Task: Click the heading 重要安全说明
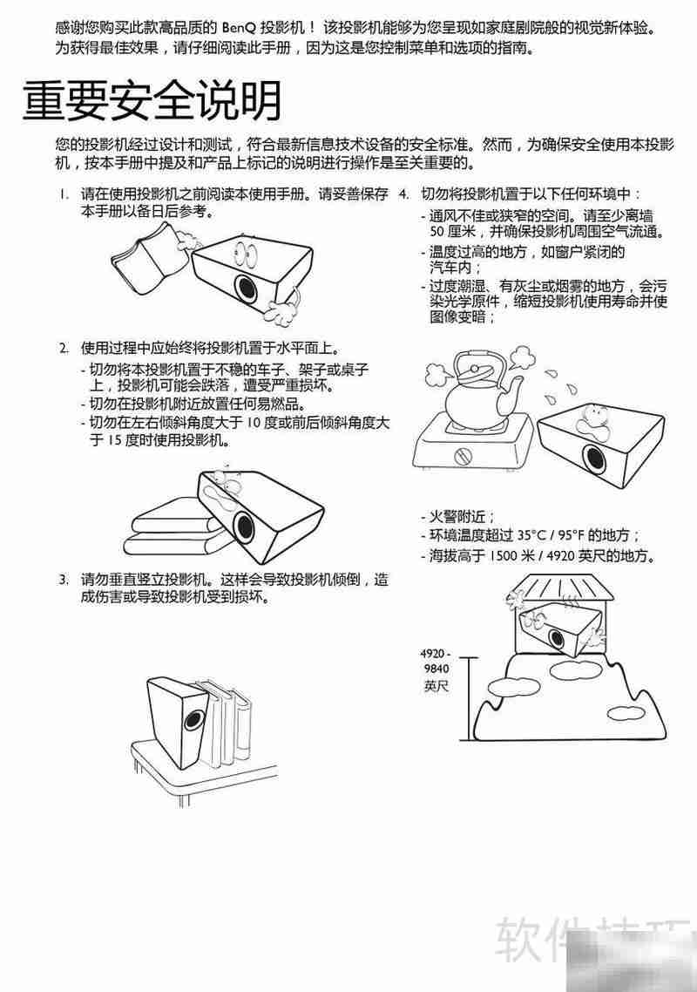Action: (x=152, y=102)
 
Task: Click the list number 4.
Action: (x=403, y=194)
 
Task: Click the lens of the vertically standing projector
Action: (x=193, y=722)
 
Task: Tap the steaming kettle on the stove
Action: (x=476, y=392)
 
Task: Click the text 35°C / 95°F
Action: (x=549, y=534)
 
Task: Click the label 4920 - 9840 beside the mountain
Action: (x=435, y=661)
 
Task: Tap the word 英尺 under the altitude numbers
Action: (x=435, y=686)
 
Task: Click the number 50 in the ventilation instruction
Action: (x=437, y=231)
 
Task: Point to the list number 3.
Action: (x=63, y=579)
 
